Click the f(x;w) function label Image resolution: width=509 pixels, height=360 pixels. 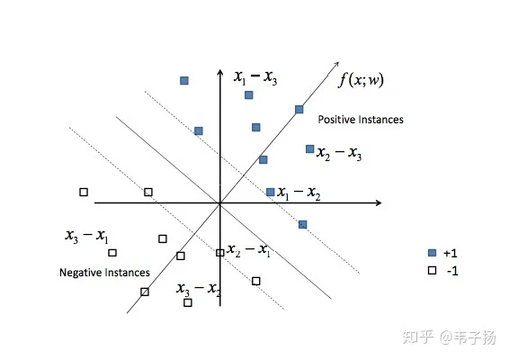tap(361, 80)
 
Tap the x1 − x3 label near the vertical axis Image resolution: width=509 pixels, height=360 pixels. tap(255, 77)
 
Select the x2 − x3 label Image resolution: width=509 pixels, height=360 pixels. tap(339, 153)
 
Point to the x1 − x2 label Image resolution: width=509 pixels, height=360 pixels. tap(299, 193)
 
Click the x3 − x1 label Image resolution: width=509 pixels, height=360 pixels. tap(86, 236)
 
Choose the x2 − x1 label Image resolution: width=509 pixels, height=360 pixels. tap(248, 250)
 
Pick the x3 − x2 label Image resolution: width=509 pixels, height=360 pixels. tap(199, 289)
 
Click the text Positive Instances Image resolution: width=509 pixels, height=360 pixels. tap(361, 120)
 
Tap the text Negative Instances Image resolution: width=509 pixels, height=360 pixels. tap(104, 273)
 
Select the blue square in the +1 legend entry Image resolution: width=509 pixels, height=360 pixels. tap(432, 253)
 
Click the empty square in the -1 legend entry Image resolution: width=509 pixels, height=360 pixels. tap(432, 270)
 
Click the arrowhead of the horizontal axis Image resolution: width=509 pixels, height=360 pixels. tap(379, 203)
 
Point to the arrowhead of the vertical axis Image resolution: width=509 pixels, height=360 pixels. tap(220, 73)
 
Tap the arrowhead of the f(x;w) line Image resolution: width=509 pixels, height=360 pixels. tap(336, 64)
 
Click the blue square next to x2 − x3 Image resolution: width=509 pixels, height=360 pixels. tap(310, 149)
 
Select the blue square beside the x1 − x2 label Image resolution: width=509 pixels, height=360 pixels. tap(270, 192)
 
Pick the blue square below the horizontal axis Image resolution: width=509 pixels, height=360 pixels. tap(302, 224)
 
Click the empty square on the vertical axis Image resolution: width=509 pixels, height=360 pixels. tap(220, 253)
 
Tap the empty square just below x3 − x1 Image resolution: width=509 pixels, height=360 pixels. tap(112, 253)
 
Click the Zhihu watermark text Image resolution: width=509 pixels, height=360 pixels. tap(450, 337)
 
